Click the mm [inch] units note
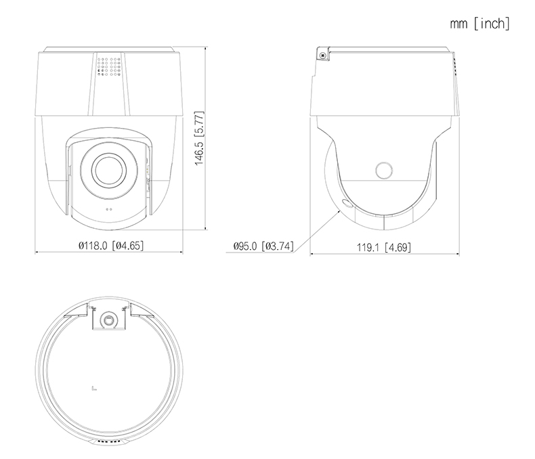[479, 24]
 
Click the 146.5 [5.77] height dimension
[199, 138]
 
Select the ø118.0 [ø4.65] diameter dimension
[111, 245]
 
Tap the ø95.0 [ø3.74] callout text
[263, 246]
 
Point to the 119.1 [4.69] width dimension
[384, 247]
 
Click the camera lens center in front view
[109, 170]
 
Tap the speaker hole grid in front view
[109, 66]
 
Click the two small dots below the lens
[109, 209]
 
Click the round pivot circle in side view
[384, 170]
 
